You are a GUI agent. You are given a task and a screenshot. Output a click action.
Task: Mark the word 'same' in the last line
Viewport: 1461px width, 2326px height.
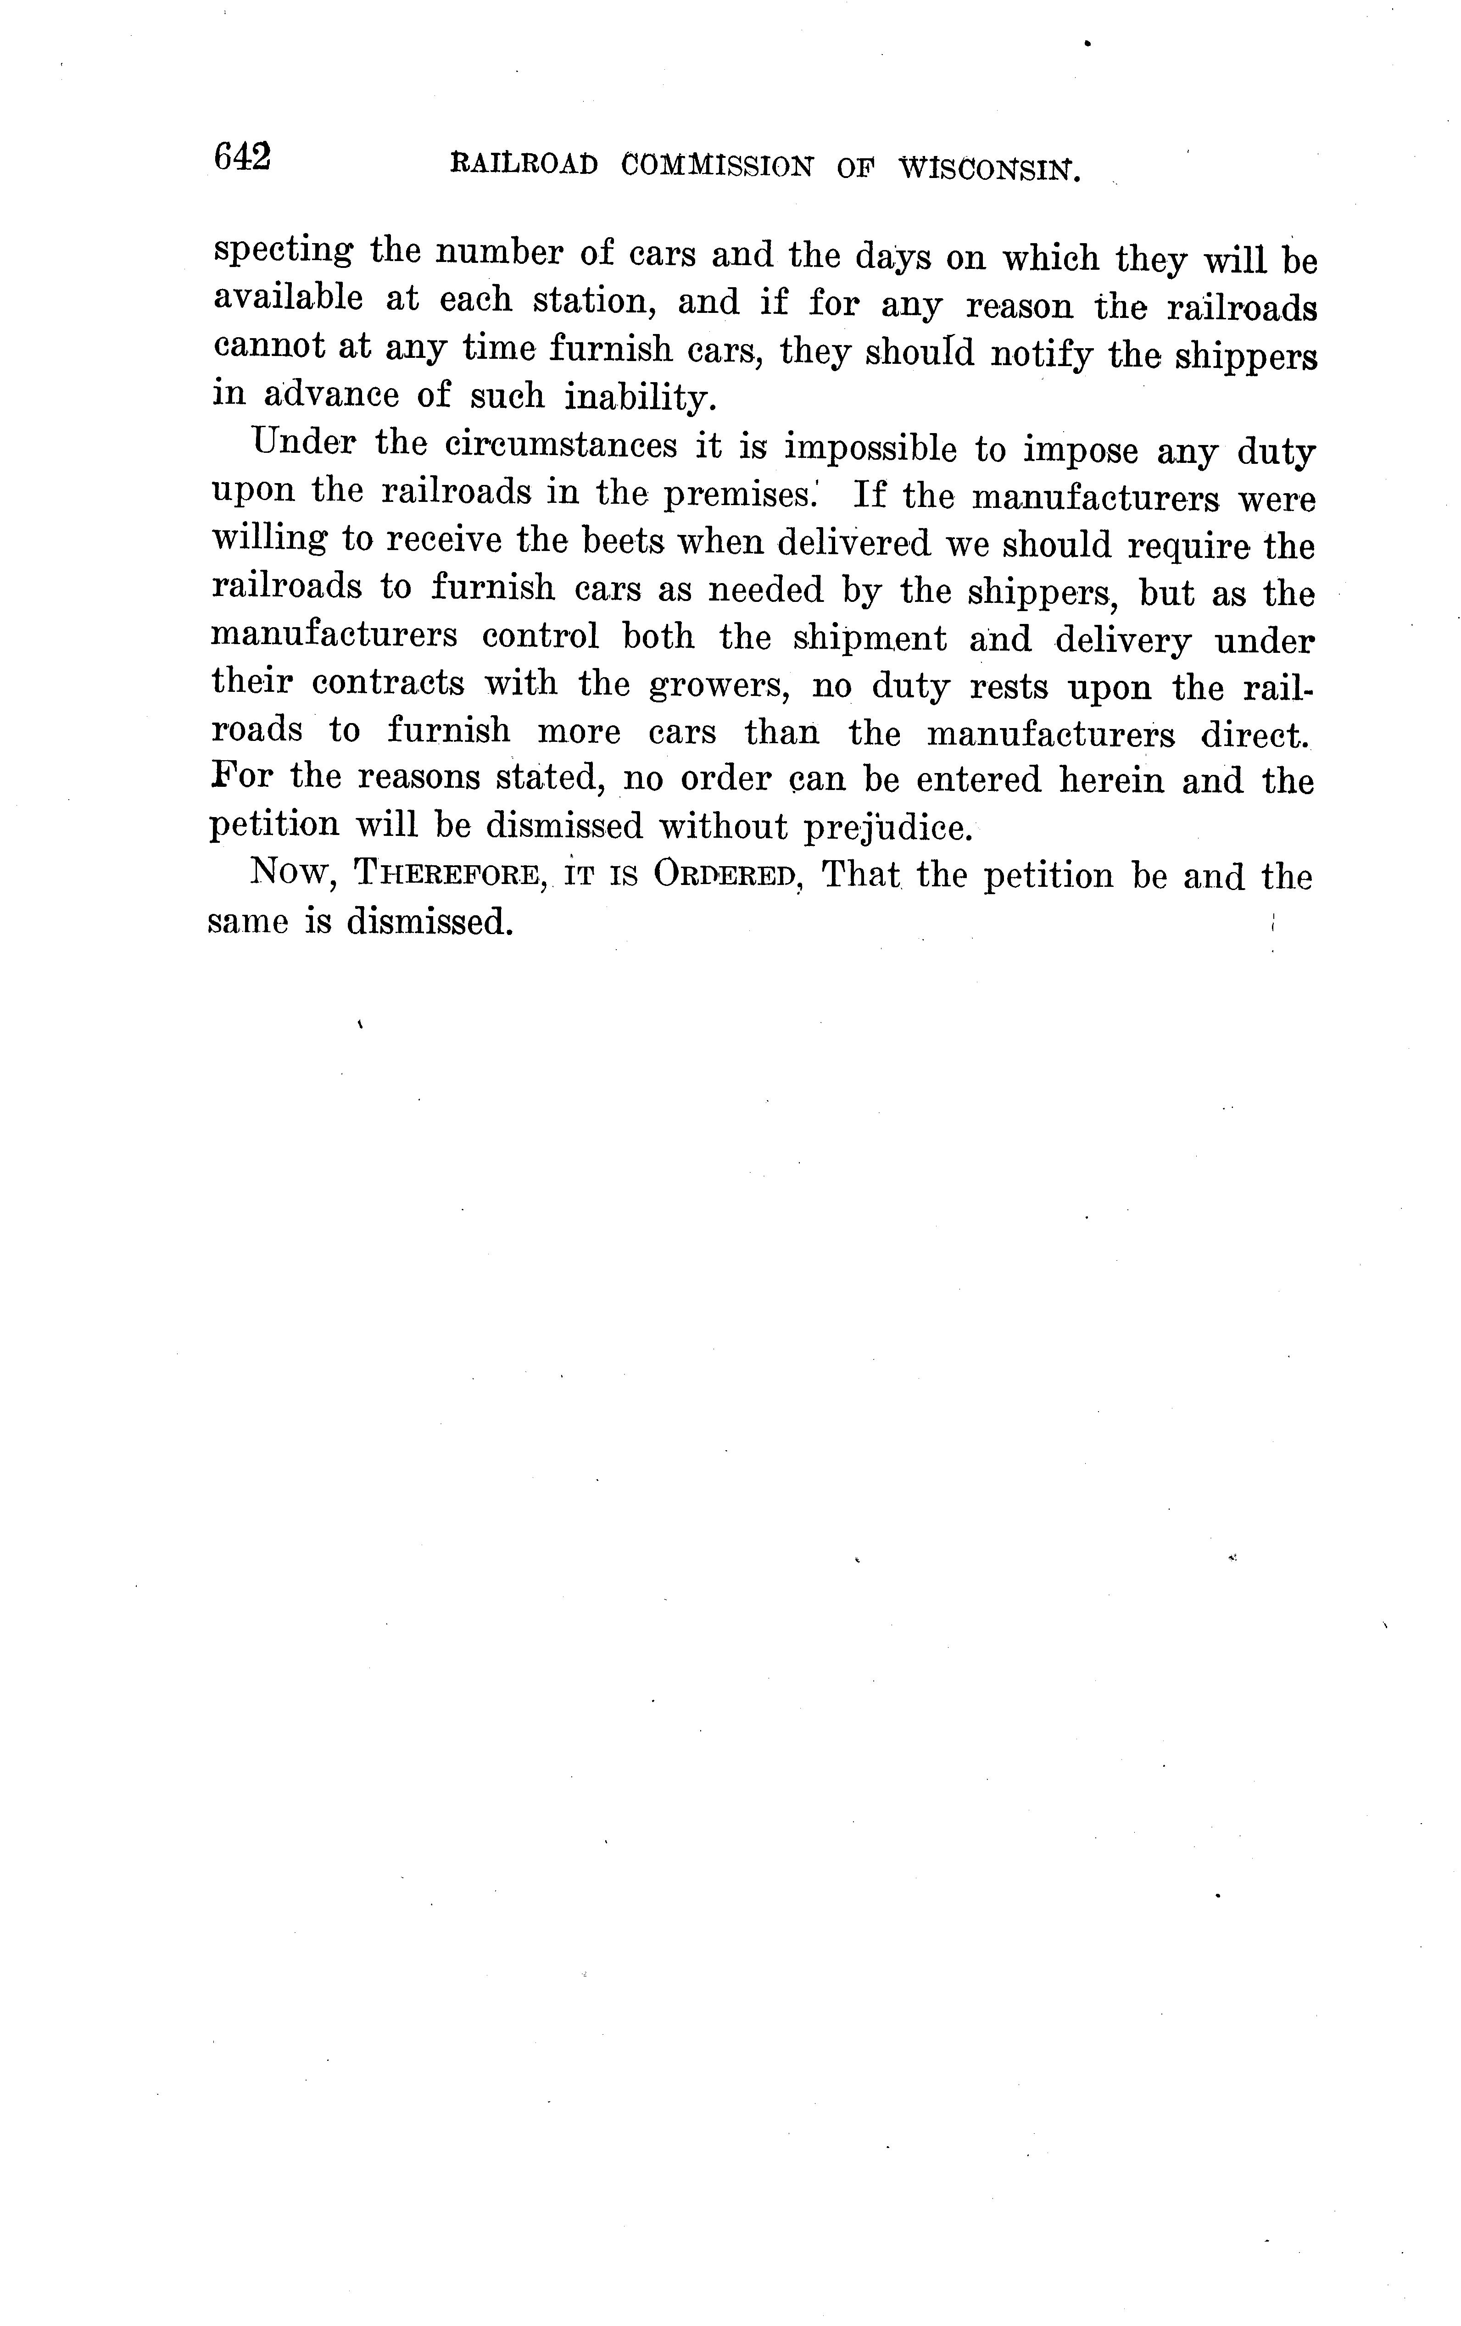pos(247,923)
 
